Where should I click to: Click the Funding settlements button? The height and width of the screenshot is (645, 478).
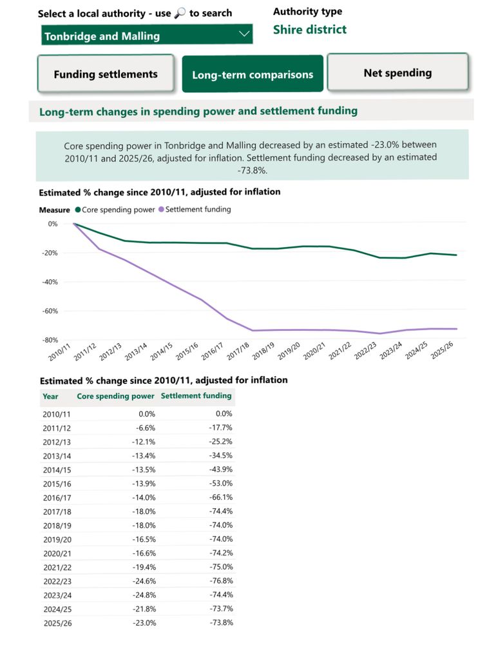[106, 74]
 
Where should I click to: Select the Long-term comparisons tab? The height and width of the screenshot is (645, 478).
[253, 75]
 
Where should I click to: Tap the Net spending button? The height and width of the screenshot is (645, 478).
[397, 73]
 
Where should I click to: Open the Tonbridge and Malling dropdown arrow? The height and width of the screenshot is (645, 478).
[244, 35]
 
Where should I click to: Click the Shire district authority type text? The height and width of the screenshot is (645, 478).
[309, 30]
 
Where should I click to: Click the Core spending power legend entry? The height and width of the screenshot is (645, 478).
[115, 210]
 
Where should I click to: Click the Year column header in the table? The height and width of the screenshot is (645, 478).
[50, 397]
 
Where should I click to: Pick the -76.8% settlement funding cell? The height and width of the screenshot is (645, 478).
[220, 580]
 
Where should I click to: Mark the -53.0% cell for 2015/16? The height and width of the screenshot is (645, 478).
[220, 483]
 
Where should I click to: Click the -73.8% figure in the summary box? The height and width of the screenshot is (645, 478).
[252, 171]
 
